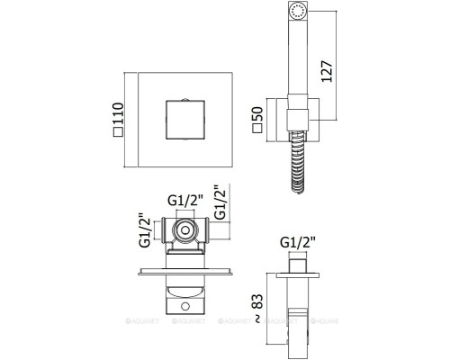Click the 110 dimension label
pyautogui.click(x=118, y=114)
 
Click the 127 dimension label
pyautogui.click(x=327, y=71)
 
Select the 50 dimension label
pyautogui.click(x=257, y=114)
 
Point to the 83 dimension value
pyautogui.click(x=257, y=301)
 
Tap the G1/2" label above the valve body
pyautogui.click(x=185, y=201)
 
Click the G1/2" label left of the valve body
pyautogui.click(x=145, y=230)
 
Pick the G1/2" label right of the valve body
pyautogui.click(x=220, y=202)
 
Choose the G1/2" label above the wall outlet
pyautogui.click(x=298, y=242)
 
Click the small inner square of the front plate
pyautogui.click(x=185, y=120)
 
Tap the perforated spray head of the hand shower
pyautogui.click(x=298, y=11)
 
